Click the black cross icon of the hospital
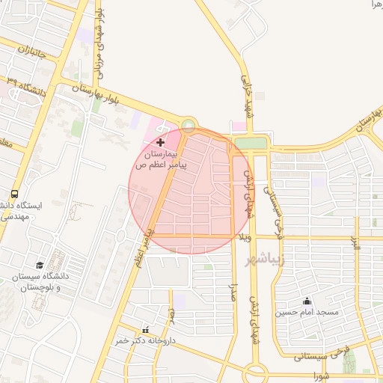pyautogui.click(x=160, y=141)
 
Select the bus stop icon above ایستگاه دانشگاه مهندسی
pyautogui.click(x=15, y=194)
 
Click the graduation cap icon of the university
pyautogui.click(x=39, y=265)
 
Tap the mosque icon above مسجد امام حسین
pyautogui.click(x=307, y=301)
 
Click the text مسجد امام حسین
pyautogui.click(x=307, y=312)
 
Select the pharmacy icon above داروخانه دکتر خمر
pyautogui.click(x=145, y=329)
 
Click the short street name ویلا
pyautogui.click(x=245, y=237)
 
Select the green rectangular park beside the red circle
pyautogui.click(x=250, y=143)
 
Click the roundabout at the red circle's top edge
pyautogui.click(x=187, y=126)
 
